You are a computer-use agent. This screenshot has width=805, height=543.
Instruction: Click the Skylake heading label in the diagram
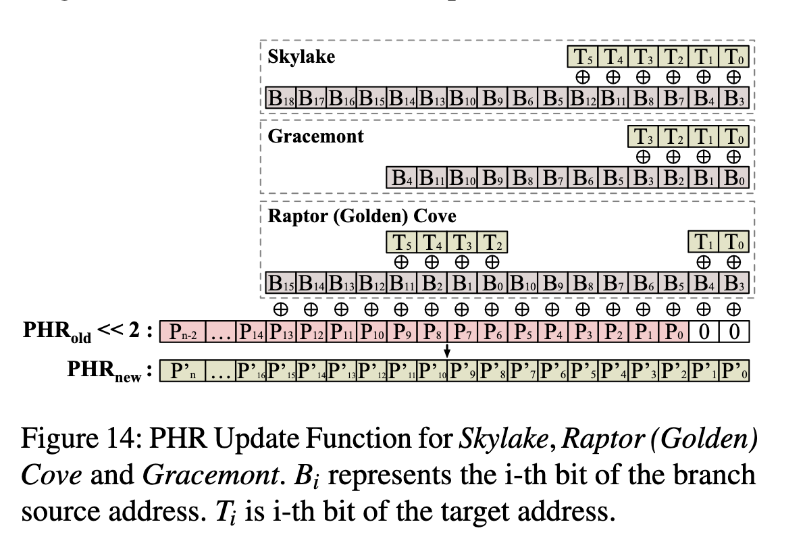click(x=301, y=57)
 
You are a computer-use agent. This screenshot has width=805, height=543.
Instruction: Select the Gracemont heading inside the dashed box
click(x=315, y=136)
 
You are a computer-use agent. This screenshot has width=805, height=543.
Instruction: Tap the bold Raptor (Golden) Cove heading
click(x=362, y=216)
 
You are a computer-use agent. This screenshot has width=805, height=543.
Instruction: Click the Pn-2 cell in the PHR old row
click(x=178, y=333)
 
